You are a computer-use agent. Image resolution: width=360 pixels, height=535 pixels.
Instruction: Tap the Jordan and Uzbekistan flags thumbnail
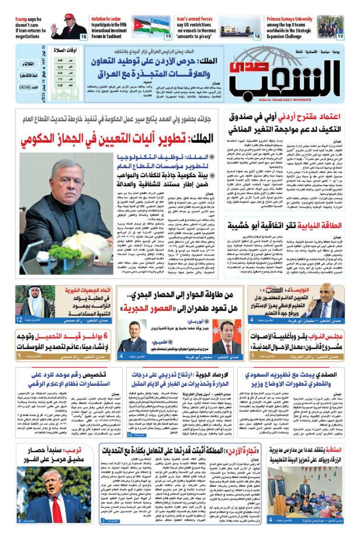pyautogui.click(x=152, y=25)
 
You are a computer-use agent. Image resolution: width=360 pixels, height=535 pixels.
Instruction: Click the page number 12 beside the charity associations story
pyautogui.click(x=19, y=319)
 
